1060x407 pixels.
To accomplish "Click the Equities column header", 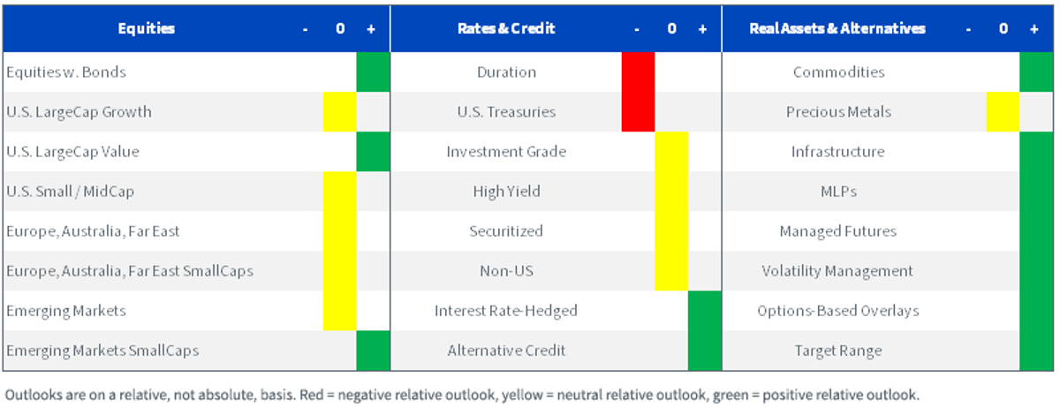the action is [x=147, y=28].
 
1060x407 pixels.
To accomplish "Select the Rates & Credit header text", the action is [x=506, y=28].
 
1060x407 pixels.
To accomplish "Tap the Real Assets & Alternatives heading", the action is [x=837, y=28].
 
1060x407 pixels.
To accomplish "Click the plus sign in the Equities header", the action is [x=371, y=29].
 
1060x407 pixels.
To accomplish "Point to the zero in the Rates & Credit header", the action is [x=671, y=29].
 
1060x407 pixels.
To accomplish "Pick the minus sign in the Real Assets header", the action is [x=969, y=30].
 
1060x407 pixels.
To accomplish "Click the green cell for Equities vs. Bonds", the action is [x=373, y=72].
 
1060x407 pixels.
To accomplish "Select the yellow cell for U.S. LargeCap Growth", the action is [x=340, y=111].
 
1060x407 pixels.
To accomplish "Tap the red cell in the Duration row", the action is [x=638, y=72].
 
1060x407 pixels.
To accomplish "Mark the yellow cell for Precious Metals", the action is [x=1003, y=111].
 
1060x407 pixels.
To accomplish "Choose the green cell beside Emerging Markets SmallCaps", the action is [x=373, y=350].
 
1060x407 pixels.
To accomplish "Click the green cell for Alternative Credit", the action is [x=705, y=350].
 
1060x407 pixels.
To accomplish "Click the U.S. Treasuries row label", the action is [x=506, y=112].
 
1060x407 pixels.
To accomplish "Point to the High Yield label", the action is [x=506, y=192].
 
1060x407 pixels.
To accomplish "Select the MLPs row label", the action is [x=838, y=192].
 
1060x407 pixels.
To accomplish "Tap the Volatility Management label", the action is [x=837, y=271].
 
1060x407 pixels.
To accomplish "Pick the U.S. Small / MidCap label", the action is [x=70, y=192].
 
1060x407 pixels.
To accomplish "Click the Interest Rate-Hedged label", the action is [x=506, y=311].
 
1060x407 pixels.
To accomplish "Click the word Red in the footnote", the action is [x=311, y=395].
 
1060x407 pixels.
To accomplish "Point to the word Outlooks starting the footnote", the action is [x=34, y=395].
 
